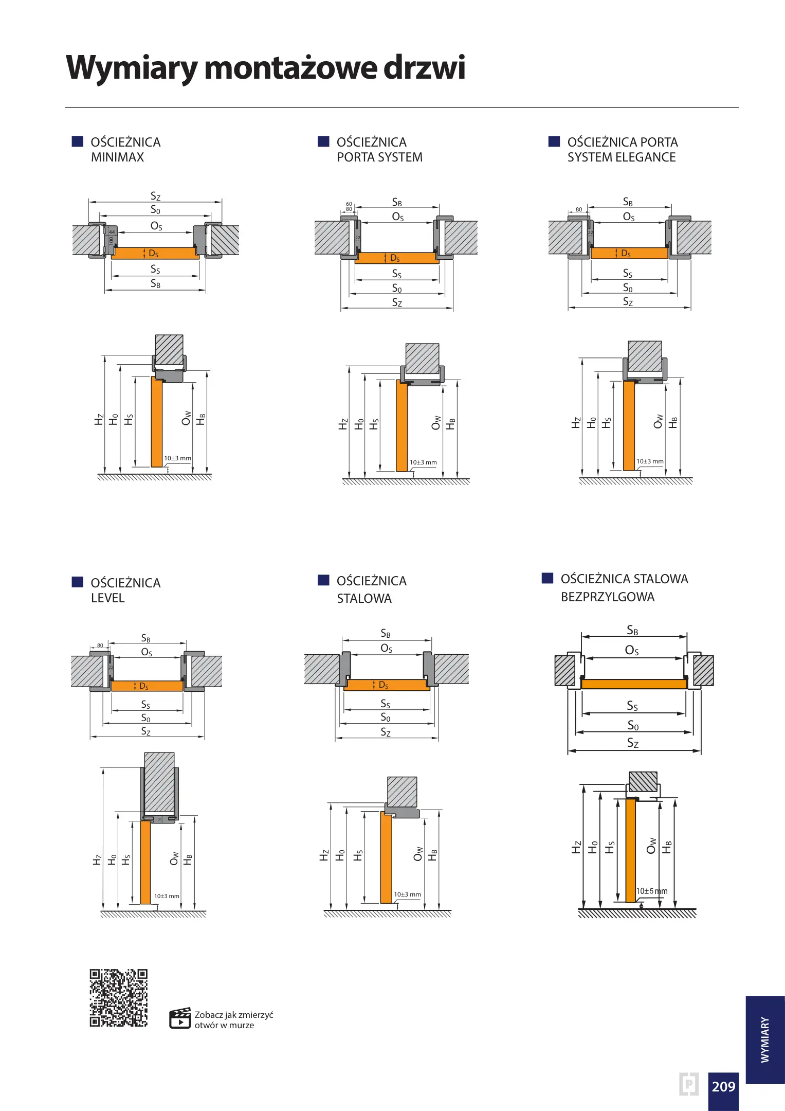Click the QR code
click(118, 998)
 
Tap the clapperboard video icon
click(180, 1018)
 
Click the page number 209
click(723, 1086)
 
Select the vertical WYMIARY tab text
click(765, 1039)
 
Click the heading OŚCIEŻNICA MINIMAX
click(125, 150)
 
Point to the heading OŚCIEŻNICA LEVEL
click(125, 590)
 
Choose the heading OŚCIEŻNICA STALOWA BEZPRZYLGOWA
click(624, 587)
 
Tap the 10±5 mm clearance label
click(651, 891)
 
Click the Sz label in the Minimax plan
click(155, 196)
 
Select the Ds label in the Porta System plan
click(395, 258)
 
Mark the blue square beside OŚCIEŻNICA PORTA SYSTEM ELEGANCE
click(554, 141)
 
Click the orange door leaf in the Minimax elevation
click(157, 422)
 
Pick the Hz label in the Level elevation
click(97, 860)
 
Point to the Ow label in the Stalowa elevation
click(418, 854)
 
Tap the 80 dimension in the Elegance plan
click(579, 209)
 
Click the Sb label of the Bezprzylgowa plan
click(632, 631)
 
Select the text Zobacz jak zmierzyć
click(233, 1015)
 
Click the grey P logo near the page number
click(688, 1084)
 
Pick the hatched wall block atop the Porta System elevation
click(422, 359)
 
